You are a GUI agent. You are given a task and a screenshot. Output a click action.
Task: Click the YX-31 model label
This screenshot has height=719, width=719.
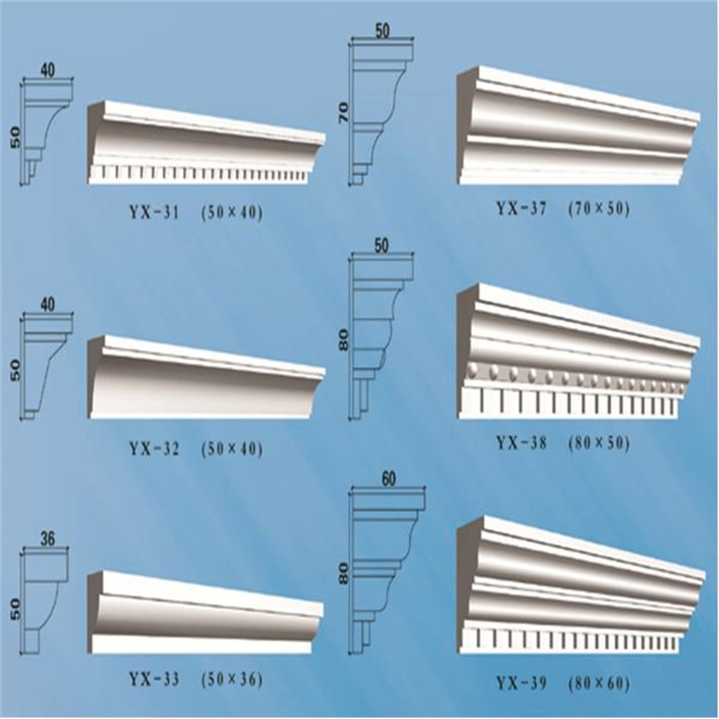coord(154,213)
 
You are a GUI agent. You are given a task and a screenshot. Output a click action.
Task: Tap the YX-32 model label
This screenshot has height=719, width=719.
coord(154,448)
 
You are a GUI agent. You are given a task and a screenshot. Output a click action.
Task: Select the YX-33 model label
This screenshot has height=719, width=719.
coord(154,679)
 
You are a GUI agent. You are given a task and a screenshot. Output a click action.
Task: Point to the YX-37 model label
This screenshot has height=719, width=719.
coord(522,209)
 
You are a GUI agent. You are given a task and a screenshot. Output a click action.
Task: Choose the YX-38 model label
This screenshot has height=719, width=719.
coord(522,443)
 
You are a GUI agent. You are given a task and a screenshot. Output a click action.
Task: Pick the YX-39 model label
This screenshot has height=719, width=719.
coord(522,684)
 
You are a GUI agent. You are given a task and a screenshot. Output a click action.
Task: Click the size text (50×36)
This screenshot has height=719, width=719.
coord(232,679)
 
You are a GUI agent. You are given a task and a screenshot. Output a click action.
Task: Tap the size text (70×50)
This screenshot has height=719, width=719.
coord(599,209)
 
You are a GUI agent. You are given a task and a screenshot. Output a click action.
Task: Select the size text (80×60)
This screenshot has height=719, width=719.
coord(599,684)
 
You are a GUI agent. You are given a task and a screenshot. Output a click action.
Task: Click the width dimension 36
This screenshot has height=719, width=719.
coord(47,539)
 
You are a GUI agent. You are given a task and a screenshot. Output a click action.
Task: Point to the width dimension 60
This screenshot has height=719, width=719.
coord(388,479)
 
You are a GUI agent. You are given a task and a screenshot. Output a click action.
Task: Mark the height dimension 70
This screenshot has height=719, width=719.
coord(343,112)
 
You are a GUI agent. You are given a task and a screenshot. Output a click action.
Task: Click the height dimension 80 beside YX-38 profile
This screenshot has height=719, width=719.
coord(343,338)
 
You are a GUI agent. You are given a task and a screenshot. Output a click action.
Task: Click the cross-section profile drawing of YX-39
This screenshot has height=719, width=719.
coord(386,568)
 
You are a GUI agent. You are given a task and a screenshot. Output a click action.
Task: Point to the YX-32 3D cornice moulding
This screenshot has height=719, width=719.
coord(206,377)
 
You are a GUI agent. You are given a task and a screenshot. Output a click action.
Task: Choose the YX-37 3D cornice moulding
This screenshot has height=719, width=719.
coord(579,127)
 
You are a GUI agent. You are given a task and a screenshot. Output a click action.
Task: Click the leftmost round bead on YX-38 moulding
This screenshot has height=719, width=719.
coord(475,368)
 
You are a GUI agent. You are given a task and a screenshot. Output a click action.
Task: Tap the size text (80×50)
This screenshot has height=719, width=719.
coord(599,443)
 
